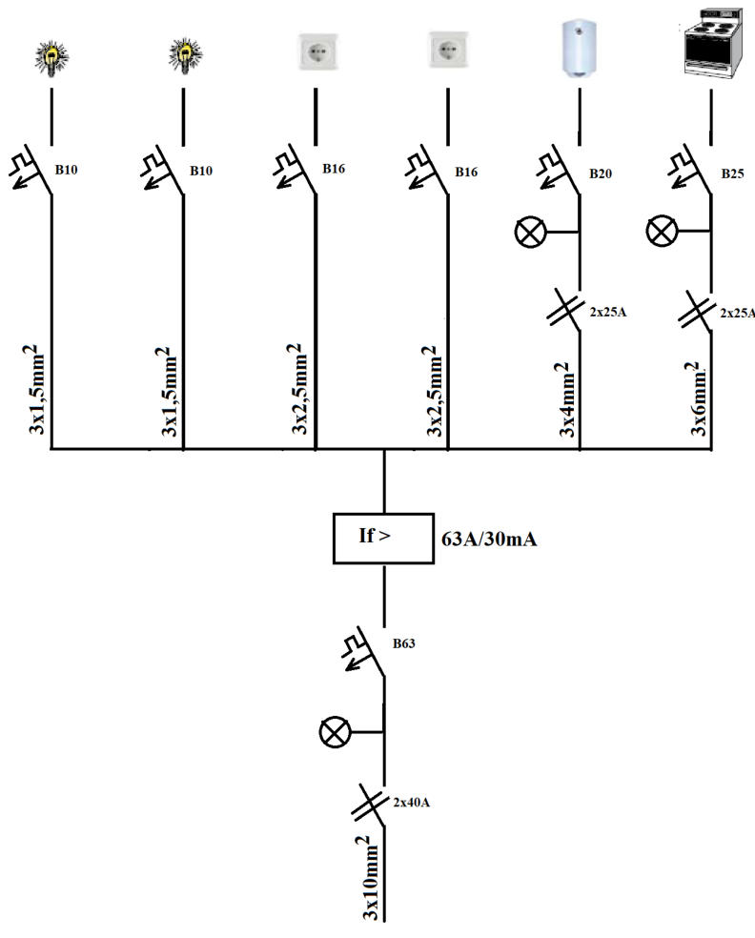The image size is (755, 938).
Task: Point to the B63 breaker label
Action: click(x=404, y=643)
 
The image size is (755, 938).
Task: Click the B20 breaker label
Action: click(x=602, y=173)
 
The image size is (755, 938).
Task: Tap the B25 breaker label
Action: click(x=733, y=173)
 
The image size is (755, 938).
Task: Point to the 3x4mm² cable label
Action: click(x=564, y=400)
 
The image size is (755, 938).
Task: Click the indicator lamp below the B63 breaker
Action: click(x=336, y=732)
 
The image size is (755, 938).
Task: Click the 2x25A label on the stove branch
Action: click(x=736, y=312)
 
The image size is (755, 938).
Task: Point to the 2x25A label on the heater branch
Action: click(x=605, y=312)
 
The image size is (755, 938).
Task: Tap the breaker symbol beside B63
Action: click(x=365, y=652)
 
